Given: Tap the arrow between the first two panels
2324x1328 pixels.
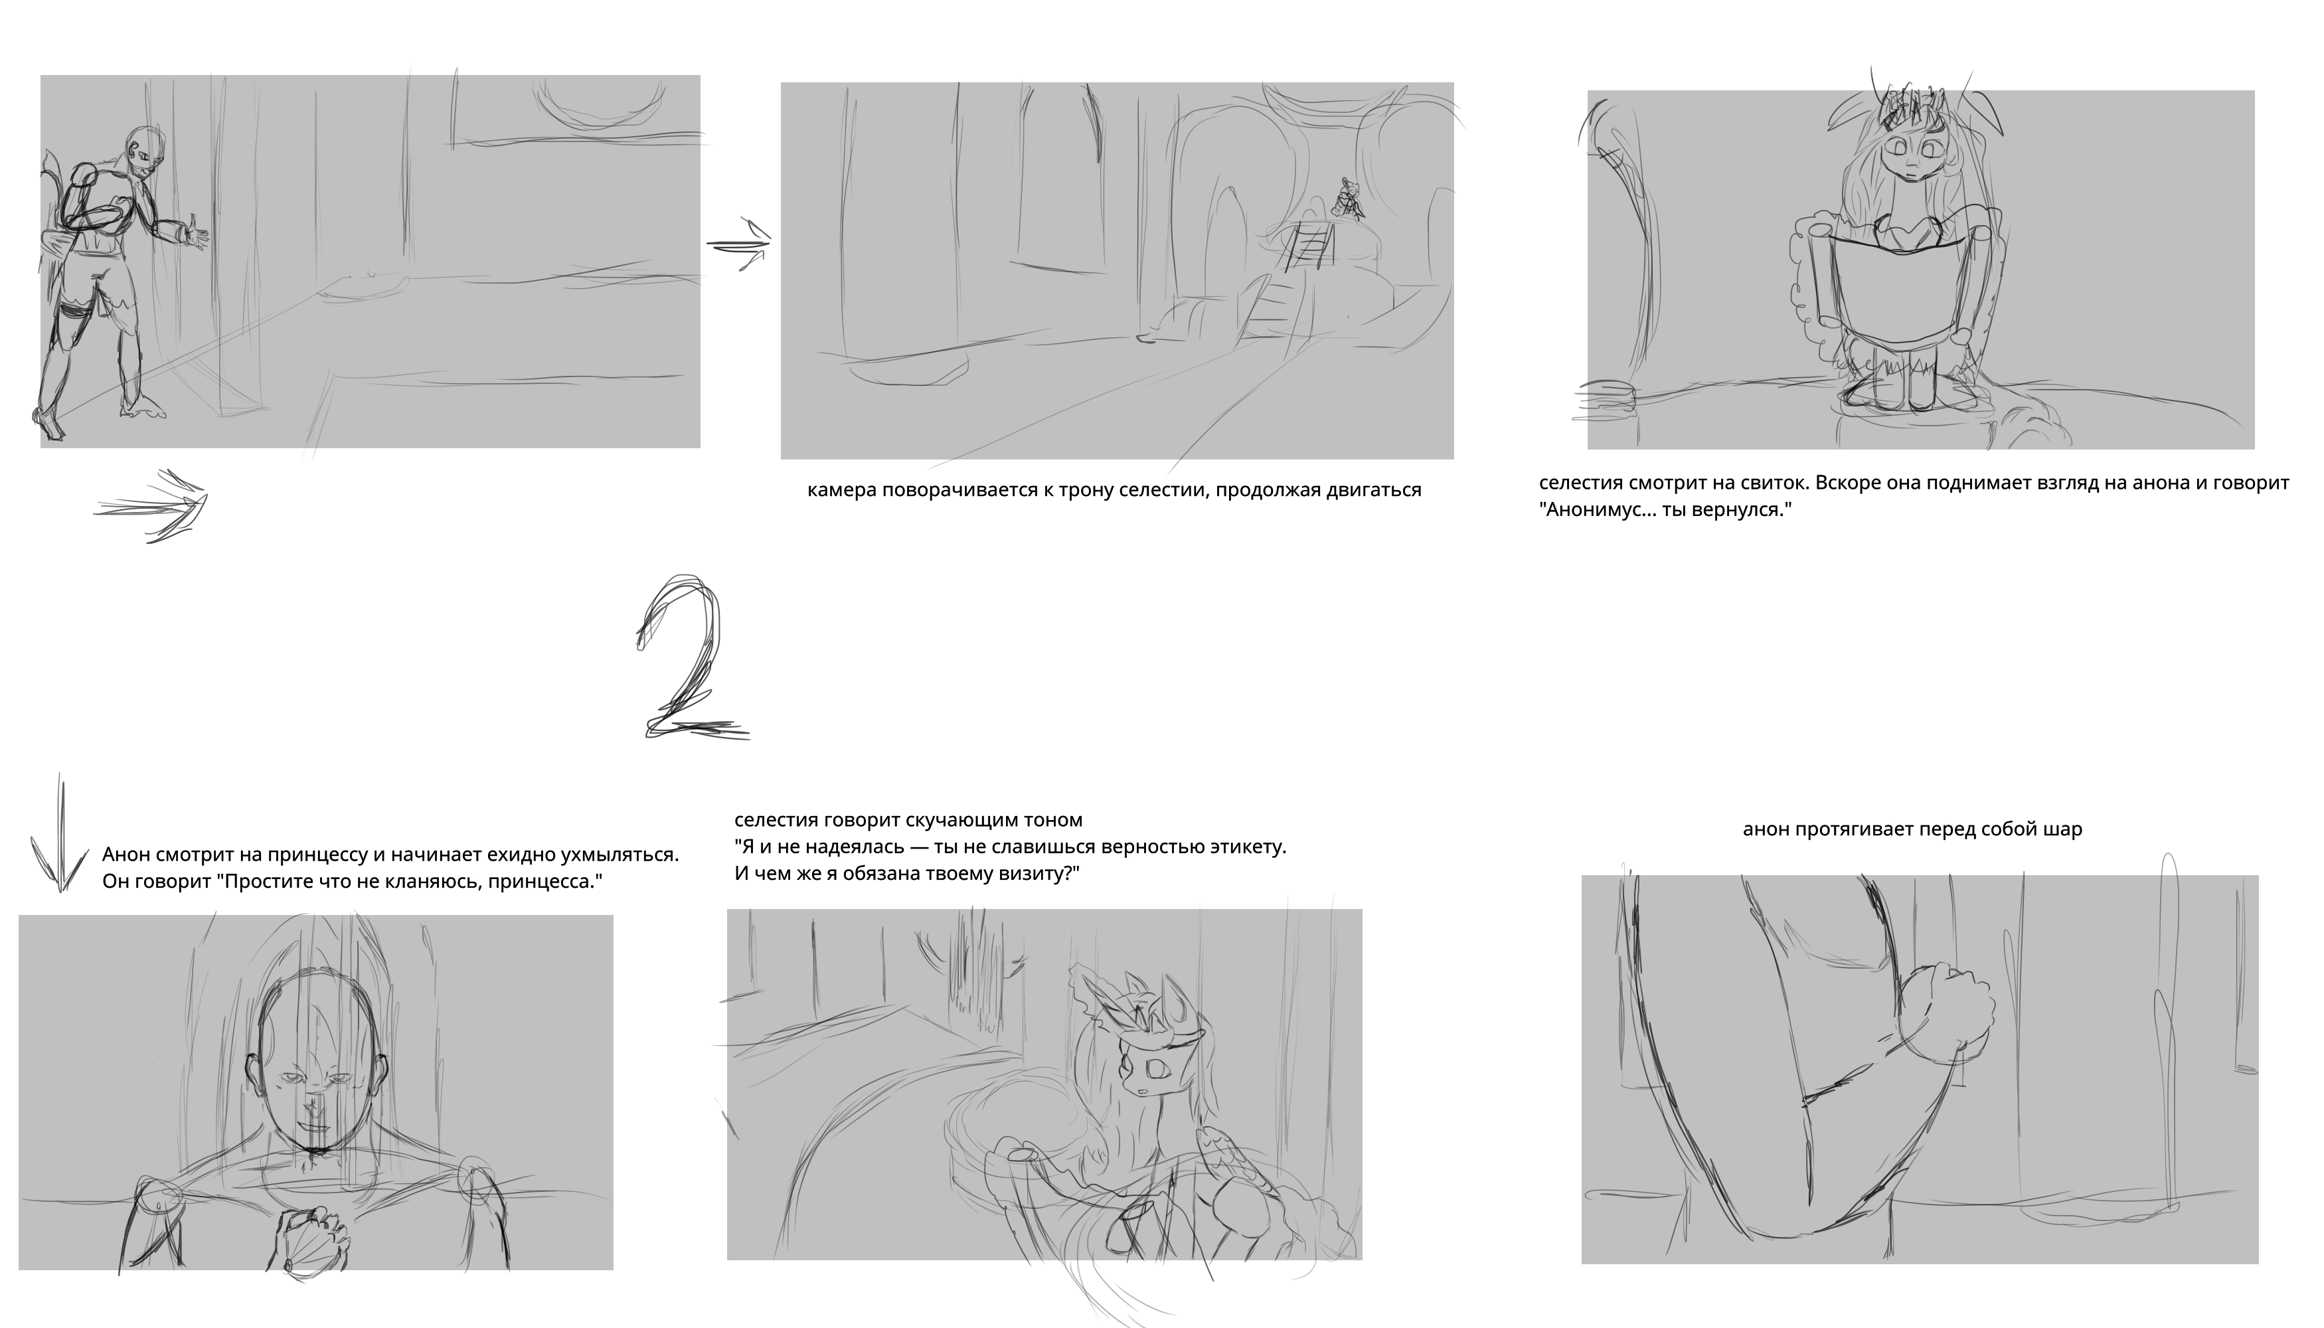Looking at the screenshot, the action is [739, 244].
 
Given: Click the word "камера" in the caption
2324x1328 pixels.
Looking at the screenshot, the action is [842, 491].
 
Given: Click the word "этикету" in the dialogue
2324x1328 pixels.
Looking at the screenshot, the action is [1244, 847].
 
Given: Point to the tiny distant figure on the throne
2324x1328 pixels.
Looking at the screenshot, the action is [1347, 198].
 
